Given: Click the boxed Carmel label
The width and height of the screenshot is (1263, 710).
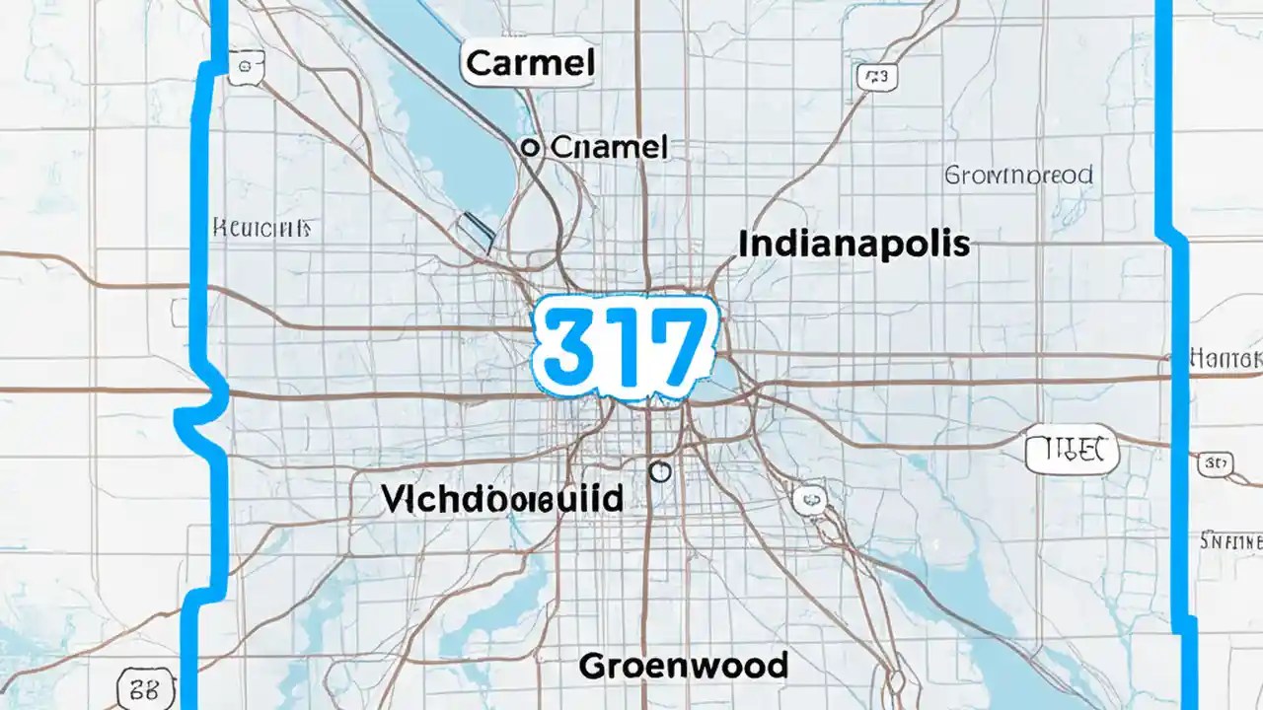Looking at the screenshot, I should (529, 65).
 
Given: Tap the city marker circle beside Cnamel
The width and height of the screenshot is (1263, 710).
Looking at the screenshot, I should (530, 148).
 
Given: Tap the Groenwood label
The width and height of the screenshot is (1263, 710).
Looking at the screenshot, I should (683, 666).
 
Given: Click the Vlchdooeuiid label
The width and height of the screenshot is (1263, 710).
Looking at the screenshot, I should (501, 499).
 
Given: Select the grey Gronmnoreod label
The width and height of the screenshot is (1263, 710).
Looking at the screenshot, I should (1019, 176).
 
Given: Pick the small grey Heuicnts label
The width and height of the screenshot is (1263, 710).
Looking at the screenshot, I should (261, 229).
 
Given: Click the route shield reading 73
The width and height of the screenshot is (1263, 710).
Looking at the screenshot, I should (876, 77).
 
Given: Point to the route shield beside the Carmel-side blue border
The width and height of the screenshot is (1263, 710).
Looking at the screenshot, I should (243, 67).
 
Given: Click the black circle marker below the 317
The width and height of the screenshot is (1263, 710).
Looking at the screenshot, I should (660, 472).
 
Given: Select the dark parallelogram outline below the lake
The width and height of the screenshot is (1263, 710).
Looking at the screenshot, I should (477, 229).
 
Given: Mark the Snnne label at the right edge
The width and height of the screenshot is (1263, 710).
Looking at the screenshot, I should (1231, 540).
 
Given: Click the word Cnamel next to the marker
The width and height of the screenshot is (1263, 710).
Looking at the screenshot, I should (609, 148).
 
